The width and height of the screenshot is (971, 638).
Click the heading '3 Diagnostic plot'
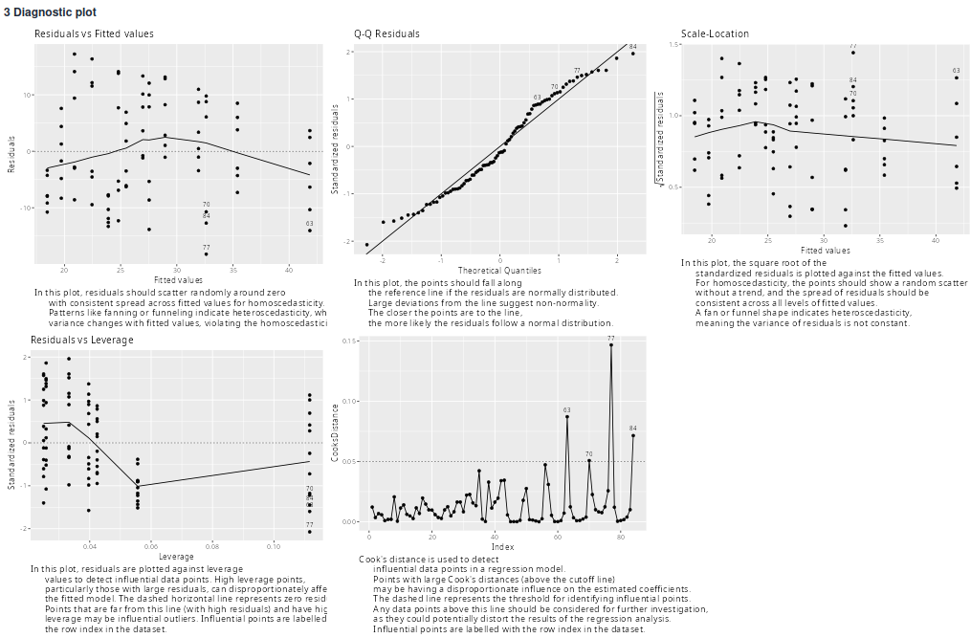[49, 12]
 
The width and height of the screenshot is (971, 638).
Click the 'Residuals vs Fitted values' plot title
[94, 33]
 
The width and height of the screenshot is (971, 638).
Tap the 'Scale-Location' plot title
[715, 33]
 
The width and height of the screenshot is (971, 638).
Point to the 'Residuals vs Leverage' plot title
[82, 340]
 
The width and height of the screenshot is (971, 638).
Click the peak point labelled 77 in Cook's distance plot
[611, 345]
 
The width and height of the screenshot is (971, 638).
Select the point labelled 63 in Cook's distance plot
[567, 416]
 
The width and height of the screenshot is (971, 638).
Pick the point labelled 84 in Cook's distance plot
[633, 435]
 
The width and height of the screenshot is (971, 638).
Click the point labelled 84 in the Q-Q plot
[632, 54]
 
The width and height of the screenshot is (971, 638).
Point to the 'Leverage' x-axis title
[176, 557]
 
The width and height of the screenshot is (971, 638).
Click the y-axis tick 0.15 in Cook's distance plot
[350, 341]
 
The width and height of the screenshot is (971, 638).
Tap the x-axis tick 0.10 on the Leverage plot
[274, 546]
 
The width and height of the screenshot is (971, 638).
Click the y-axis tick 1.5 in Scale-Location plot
[674, 45]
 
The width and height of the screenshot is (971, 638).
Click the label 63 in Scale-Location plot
[956, 71]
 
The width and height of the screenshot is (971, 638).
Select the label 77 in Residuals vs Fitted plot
[207, 246]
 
